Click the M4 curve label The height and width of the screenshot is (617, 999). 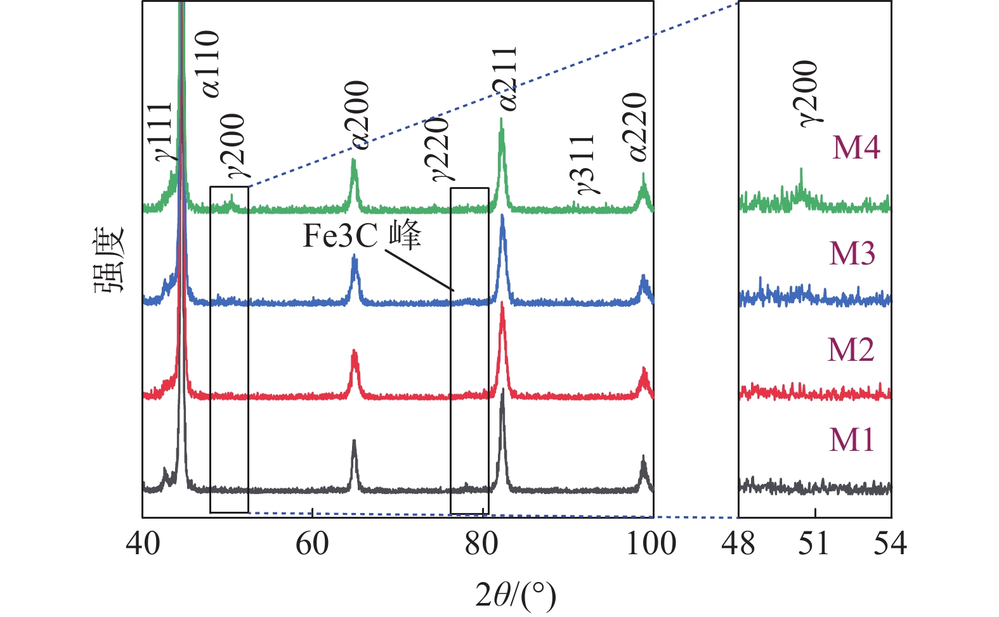click(x=856, y=147)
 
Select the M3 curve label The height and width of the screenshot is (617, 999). click(x=852, y=254)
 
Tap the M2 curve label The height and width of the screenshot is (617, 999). click(x=851, y=349)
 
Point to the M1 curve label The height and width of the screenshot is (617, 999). click(x=852, y=439)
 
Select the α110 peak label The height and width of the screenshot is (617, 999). click(x=210, y=63)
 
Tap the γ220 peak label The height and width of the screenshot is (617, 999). click(x=440, y=149)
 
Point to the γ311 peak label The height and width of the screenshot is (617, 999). click(x=585, y=164)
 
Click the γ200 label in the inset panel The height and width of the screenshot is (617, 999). click(x=807, y=94)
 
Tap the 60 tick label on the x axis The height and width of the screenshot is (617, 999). click(x=312, y=544)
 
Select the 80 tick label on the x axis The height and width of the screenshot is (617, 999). click(x=481, y=544)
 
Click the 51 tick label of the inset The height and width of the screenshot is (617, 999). click(x=814, y=544)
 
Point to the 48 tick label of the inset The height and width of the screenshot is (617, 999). click(x=739, y=544)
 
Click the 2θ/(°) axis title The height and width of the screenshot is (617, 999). click(x=515, y=595)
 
